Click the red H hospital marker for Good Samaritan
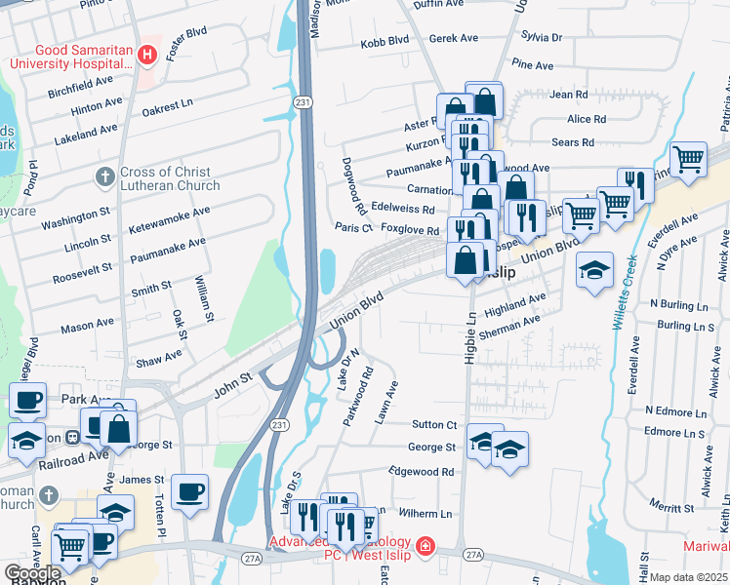tap(147, 56)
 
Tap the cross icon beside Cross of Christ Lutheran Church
tap(105, 177)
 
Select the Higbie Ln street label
tap(470, 338)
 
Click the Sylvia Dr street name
tap(543, 37)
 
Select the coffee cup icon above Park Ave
tap(27, 400)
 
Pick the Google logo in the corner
tap(32, 573)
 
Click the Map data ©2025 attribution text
tap(688, 577)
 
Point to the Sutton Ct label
tap(433, 424)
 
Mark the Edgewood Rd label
tap(422, 471)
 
